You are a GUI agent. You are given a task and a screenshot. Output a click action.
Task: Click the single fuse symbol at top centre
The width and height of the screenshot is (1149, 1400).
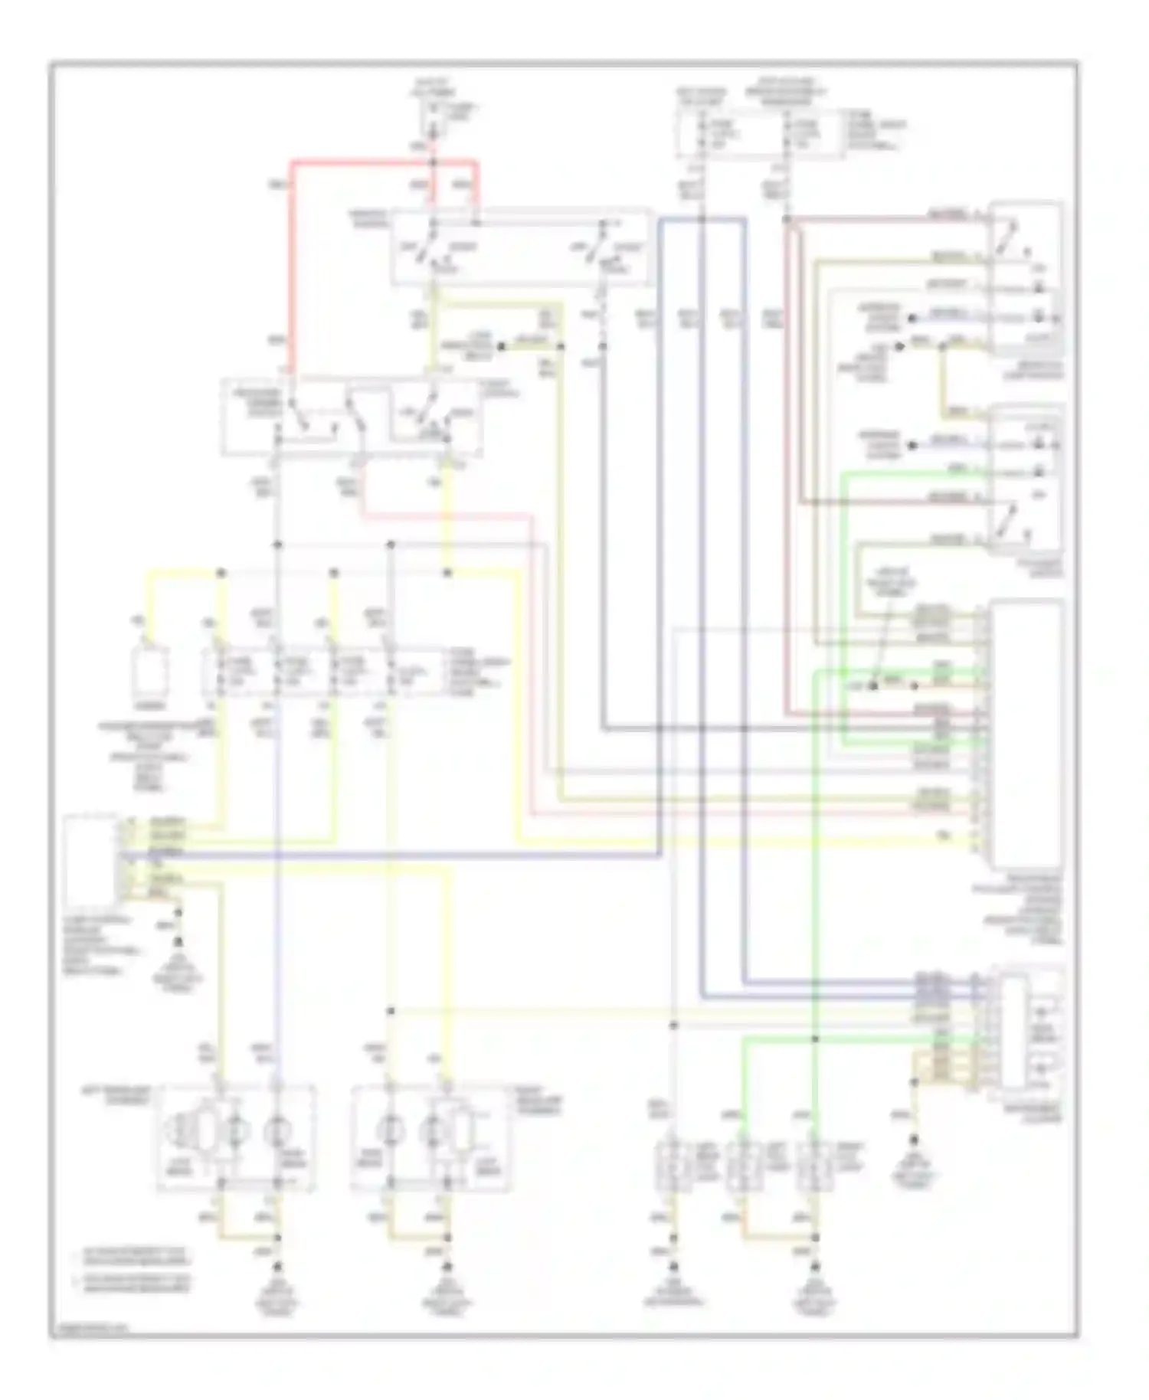pyautogui.click(x=433, y=115)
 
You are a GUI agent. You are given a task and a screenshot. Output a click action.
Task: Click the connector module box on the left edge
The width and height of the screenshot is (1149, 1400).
pyautogui.click(x=90, y=862)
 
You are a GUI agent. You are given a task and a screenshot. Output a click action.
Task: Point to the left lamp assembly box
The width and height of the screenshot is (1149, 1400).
pyautogui.click(x=236, y=1137)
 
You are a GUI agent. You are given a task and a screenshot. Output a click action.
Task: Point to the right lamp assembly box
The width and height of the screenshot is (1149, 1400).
pyautogui.click(x=429, y=1137)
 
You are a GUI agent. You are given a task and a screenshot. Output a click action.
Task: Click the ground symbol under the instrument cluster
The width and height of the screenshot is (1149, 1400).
pyautogui.click(x=913, y=1143)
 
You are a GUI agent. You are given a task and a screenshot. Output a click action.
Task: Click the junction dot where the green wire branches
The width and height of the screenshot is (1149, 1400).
pyautogui.click(x=815, y=1039)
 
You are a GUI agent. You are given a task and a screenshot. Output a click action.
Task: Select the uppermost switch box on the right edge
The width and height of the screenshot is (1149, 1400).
pyautogui.click(x=1025, y=280)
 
